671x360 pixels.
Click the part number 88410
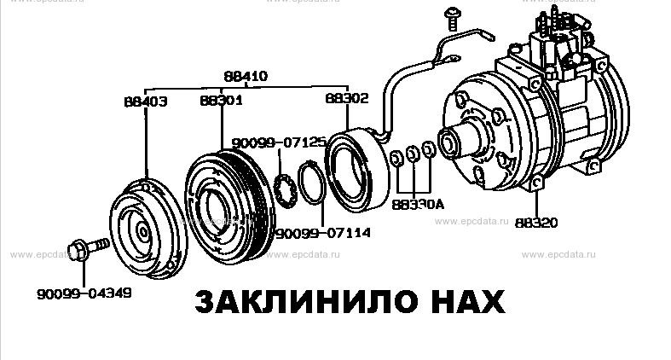tap(246, 76)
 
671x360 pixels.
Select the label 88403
tap(144, 101)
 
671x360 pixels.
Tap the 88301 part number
tap(221, 100)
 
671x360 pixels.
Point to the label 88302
tap(346, 99)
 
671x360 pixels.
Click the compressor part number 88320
tap(536, 223)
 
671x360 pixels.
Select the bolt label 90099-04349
tap(84, 294)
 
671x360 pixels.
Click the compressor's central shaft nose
tap(448, 142)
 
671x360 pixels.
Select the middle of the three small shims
tap(413, 154)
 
